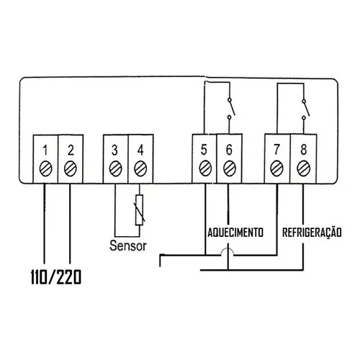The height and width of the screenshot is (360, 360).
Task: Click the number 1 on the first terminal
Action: pos(45,150)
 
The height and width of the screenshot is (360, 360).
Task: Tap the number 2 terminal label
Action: pos(71,150)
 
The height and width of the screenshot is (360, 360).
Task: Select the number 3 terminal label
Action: pos(114,150)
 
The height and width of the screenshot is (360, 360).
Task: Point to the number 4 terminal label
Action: pos(140,150)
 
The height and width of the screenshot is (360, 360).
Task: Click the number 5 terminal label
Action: pos(204,150)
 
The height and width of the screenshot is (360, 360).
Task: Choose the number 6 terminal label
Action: pos(229,150)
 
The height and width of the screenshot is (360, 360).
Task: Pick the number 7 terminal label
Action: pos(276,150)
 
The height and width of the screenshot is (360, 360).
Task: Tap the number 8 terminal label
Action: pos(304,150)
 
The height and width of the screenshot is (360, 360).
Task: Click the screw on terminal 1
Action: pos(45,168)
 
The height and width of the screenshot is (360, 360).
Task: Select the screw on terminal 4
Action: pos(140,168)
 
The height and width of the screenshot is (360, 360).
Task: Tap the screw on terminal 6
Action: pos(230,168)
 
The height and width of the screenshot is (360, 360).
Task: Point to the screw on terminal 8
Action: pos(304,168)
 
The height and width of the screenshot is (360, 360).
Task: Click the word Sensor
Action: pos(128,246)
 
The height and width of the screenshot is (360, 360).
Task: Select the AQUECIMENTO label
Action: pos(235,233)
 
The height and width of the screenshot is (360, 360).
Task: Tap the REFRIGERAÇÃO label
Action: pos(312,232)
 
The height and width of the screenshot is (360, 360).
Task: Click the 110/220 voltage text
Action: pos(56,277)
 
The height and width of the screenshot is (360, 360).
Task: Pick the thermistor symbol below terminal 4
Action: pos(139,210)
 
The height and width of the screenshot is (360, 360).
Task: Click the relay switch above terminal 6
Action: pos(231,108)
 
